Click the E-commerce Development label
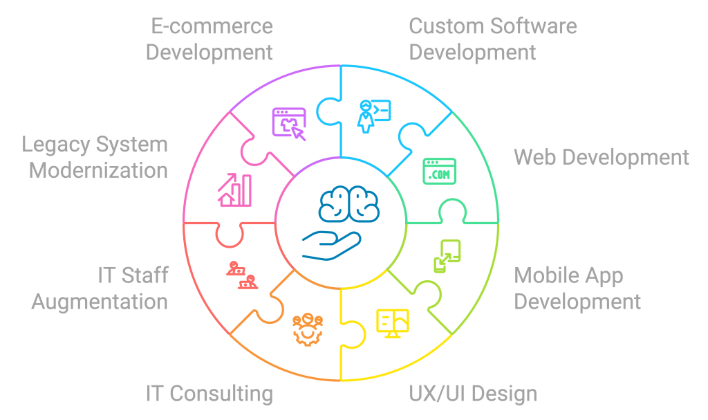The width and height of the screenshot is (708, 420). click(209, 39)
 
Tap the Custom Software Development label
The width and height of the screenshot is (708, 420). click(492, 39)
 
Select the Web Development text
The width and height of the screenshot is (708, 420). click(601, 157)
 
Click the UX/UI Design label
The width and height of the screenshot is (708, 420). click(473, 394)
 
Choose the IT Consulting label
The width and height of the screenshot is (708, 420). click(209, 394)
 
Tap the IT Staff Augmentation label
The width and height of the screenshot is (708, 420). click(100, 289)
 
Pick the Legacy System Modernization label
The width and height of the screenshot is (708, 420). click(95, 157)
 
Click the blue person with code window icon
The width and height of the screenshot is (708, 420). click(373, 115)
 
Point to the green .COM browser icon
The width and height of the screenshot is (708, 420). click(440, 171)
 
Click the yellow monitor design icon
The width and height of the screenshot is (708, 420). click(392, 322)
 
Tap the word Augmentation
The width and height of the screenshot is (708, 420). click(100, 302)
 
